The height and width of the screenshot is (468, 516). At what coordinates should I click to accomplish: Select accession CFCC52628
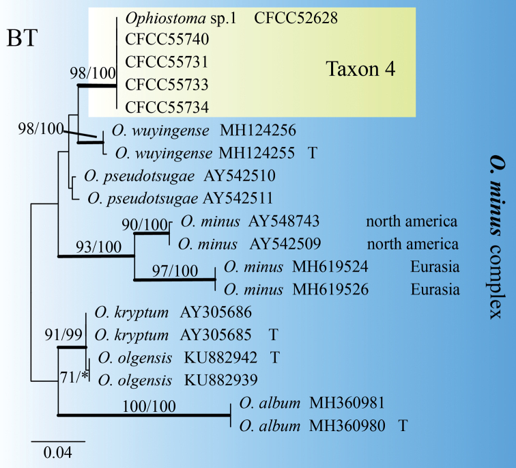click(296, 18)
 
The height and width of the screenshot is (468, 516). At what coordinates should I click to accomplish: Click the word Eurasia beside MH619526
click(435, 290)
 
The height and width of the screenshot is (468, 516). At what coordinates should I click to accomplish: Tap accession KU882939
click(220, 379)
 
